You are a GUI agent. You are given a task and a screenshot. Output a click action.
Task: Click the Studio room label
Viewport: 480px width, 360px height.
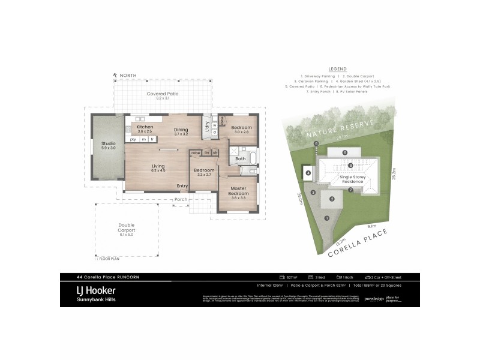[108, 144]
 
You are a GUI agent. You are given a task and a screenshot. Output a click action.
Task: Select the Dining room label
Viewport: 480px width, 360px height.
[181, 130]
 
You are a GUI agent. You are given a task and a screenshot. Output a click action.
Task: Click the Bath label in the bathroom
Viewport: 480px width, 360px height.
[240, 159]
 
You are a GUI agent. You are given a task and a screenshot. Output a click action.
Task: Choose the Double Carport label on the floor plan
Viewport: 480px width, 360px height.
[127, 227]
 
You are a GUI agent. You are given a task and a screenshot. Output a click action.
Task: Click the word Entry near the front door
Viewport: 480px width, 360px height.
[182, 186]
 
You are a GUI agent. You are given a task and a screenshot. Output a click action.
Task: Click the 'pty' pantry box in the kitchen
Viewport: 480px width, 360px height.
[133, 139]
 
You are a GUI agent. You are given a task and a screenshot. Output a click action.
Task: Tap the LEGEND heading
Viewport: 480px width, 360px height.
[338, 69]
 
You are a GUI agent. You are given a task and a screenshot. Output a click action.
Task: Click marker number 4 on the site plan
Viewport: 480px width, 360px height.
[308, 173]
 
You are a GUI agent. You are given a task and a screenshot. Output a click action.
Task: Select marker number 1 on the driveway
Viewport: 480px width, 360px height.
[326, 218]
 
